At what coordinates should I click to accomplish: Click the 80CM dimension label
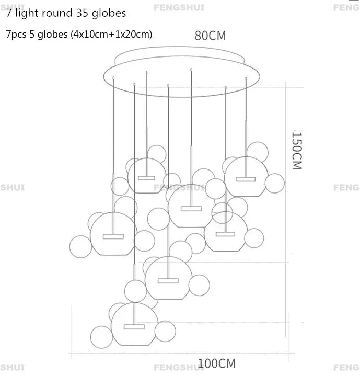click(x=210, y=36)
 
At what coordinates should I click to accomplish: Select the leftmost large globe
click(x=111, y=233)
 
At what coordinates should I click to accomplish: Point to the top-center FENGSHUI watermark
click(x=175, y=7)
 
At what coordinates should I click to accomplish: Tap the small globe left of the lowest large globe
click(x=100, y=336)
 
